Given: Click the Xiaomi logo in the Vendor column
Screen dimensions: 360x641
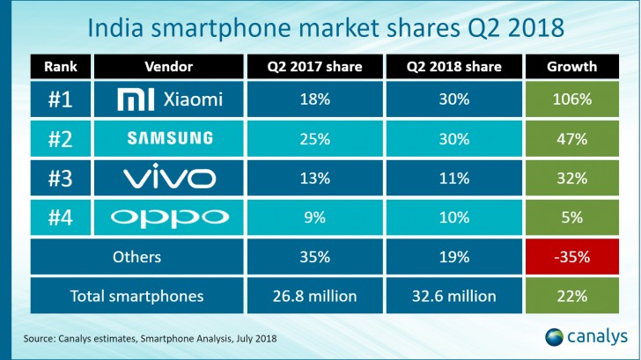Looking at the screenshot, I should coord(135,100).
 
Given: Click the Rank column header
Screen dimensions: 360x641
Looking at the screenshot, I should coord(60,67).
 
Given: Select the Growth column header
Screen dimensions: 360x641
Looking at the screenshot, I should coord(571,67).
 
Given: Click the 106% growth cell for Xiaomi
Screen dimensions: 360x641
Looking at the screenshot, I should coord(571,100).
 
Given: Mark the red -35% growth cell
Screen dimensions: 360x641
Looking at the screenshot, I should coord(571,257).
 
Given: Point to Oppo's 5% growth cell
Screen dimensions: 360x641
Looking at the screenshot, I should coord(571,217).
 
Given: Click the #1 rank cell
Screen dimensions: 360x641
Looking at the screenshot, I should coord(60,100).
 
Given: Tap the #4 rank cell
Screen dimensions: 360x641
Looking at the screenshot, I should coord(60,217).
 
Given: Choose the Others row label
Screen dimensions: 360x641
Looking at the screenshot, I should coord(136,257).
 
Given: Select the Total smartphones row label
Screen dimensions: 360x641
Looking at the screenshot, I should coord(136,297).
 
